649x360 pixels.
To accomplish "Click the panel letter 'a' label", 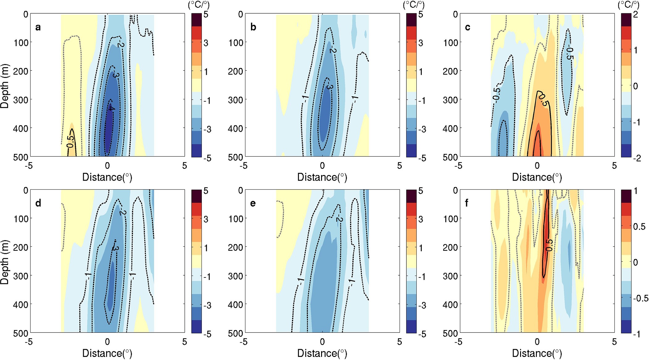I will click(38, 27).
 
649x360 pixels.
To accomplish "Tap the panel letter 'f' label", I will click(467, 203).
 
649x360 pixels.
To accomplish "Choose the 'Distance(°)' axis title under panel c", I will click(537, 177).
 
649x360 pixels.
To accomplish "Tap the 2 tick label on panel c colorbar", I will click(635, 15).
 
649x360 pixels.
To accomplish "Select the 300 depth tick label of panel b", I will click(236, 100).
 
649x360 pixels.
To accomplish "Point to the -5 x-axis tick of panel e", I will click(244, 342).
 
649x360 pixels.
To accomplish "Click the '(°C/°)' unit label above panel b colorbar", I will click(414, 5).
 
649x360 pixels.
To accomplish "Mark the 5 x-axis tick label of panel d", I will click(185, 342).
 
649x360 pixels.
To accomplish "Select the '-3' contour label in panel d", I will click(115, 247).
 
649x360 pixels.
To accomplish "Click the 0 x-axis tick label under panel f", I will click(537, 342).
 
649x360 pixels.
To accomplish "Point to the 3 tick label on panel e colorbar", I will click(420, 219).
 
